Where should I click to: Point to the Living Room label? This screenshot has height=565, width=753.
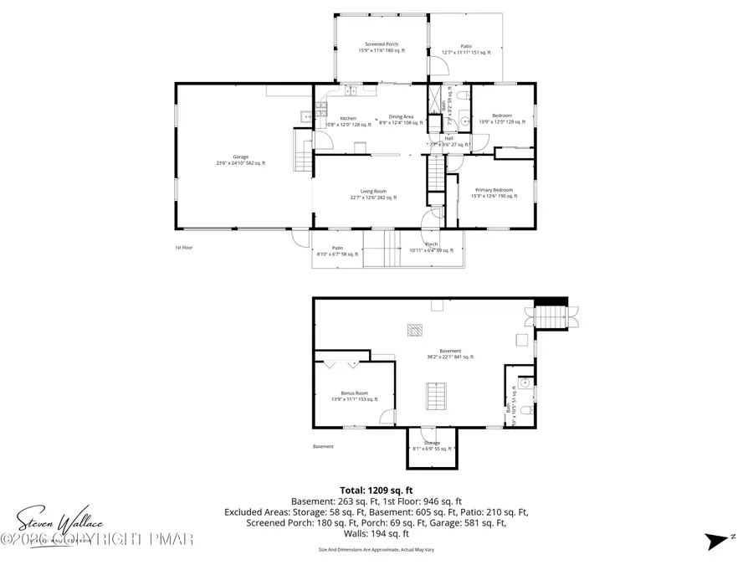(372, 194)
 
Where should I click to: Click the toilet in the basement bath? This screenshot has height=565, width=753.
(524, 383)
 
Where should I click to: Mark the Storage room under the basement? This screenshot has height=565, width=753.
(432, 444)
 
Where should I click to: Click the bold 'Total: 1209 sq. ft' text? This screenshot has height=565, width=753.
(376, 491)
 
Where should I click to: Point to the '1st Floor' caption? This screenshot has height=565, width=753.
(183, 248)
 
